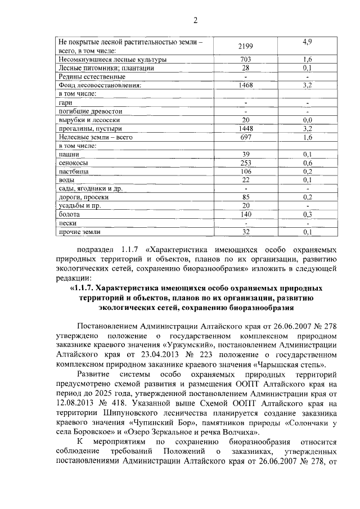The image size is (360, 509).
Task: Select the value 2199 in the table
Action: [245, 45]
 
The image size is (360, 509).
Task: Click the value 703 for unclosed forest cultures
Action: [245, 59]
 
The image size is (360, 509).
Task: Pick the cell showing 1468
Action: [245, 85]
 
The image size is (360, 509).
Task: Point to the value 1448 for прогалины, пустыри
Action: [245, 128]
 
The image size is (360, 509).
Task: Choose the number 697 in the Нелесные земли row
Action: [245, 137]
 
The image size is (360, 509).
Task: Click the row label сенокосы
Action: [72, 163]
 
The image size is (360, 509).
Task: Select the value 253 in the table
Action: [245, 163]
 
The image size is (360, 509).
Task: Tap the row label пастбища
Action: [72, 172]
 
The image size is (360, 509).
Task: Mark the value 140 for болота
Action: [245, 214]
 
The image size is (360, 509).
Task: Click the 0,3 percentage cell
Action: [307, 214]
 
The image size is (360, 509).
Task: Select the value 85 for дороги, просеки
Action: [245, 197]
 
